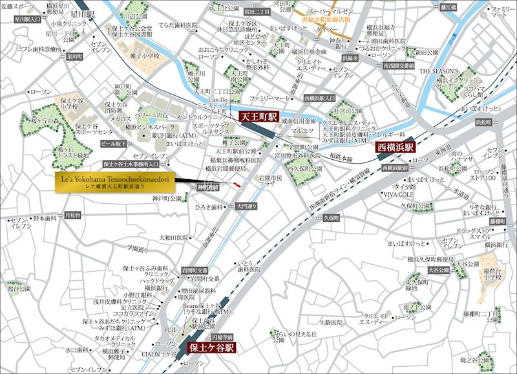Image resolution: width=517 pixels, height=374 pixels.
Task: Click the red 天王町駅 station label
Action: (x=258, y=117)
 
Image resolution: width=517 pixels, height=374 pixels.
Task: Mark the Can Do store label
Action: (x=219, y=100)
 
